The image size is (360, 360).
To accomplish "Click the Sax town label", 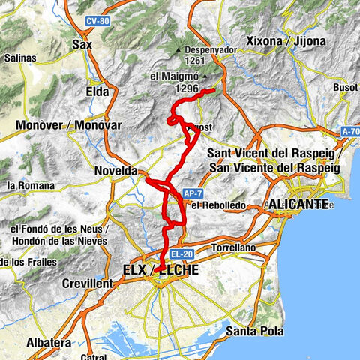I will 81,45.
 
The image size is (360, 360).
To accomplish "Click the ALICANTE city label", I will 298,204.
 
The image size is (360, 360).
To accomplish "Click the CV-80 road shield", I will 97,21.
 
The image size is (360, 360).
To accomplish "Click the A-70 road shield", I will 349,132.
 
